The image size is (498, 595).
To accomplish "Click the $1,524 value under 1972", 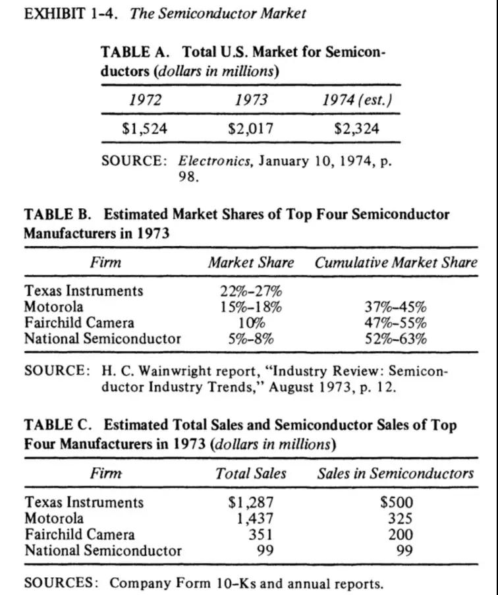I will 144,128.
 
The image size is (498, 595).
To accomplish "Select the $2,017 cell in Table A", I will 250,128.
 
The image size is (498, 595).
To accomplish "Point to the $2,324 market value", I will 356,128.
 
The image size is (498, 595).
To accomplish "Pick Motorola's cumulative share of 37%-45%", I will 395,307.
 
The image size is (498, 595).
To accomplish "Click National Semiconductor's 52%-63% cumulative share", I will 395,339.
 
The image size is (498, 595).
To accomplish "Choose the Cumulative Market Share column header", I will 395,262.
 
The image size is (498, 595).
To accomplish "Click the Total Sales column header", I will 251,473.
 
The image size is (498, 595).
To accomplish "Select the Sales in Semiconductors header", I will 395,473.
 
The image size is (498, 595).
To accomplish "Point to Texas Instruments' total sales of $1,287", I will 250,503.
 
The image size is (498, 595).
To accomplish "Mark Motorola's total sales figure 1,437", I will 254,519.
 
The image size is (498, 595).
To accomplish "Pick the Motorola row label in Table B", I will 54,307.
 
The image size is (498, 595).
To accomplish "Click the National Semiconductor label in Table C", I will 103,550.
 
